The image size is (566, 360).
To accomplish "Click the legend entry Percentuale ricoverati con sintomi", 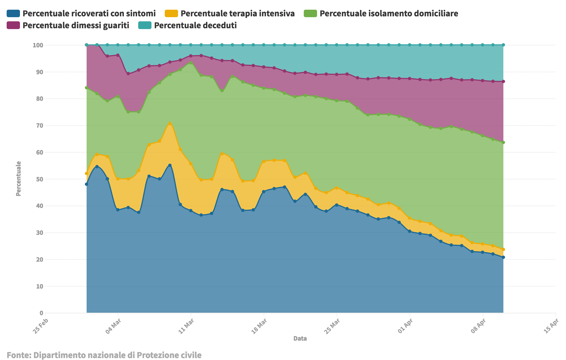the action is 81,13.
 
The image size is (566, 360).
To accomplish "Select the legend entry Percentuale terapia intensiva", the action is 230,13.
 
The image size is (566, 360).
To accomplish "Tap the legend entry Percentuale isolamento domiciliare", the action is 381,13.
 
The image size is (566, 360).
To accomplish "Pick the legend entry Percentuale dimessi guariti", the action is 68,25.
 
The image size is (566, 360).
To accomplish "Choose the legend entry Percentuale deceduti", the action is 187,25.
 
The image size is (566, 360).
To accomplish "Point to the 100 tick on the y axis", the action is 38,45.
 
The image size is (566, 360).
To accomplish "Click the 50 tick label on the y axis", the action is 40,179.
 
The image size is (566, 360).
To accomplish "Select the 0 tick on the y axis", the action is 42,313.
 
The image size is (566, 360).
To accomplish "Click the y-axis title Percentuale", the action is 18,179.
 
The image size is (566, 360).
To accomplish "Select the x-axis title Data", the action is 300,338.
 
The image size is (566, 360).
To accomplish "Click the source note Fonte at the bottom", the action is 104,355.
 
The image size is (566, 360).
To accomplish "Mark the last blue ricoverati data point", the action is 503,257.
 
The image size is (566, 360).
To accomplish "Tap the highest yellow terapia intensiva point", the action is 170,124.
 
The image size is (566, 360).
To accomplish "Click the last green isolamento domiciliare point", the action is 503,142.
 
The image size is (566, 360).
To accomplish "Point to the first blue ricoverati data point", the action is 86,184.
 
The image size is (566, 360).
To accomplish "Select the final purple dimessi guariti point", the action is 503,81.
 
